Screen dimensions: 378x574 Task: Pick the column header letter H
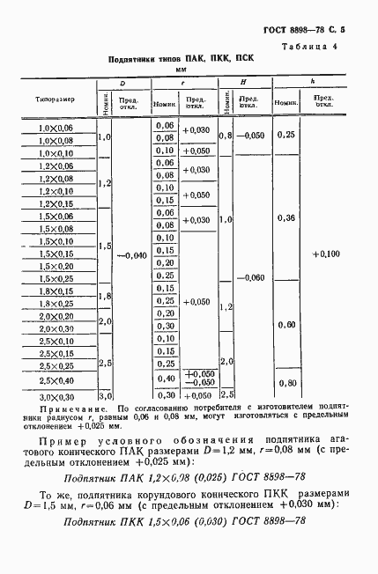pos(242,82)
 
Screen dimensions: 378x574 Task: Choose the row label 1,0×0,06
pos(58,128)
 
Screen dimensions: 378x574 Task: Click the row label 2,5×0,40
pos(58,379)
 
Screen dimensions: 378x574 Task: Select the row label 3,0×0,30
pos(58,395)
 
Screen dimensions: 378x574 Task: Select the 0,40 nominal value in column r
pos(164,379)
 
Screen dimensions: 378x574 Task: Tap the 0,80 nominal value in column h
pos(285,382)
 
